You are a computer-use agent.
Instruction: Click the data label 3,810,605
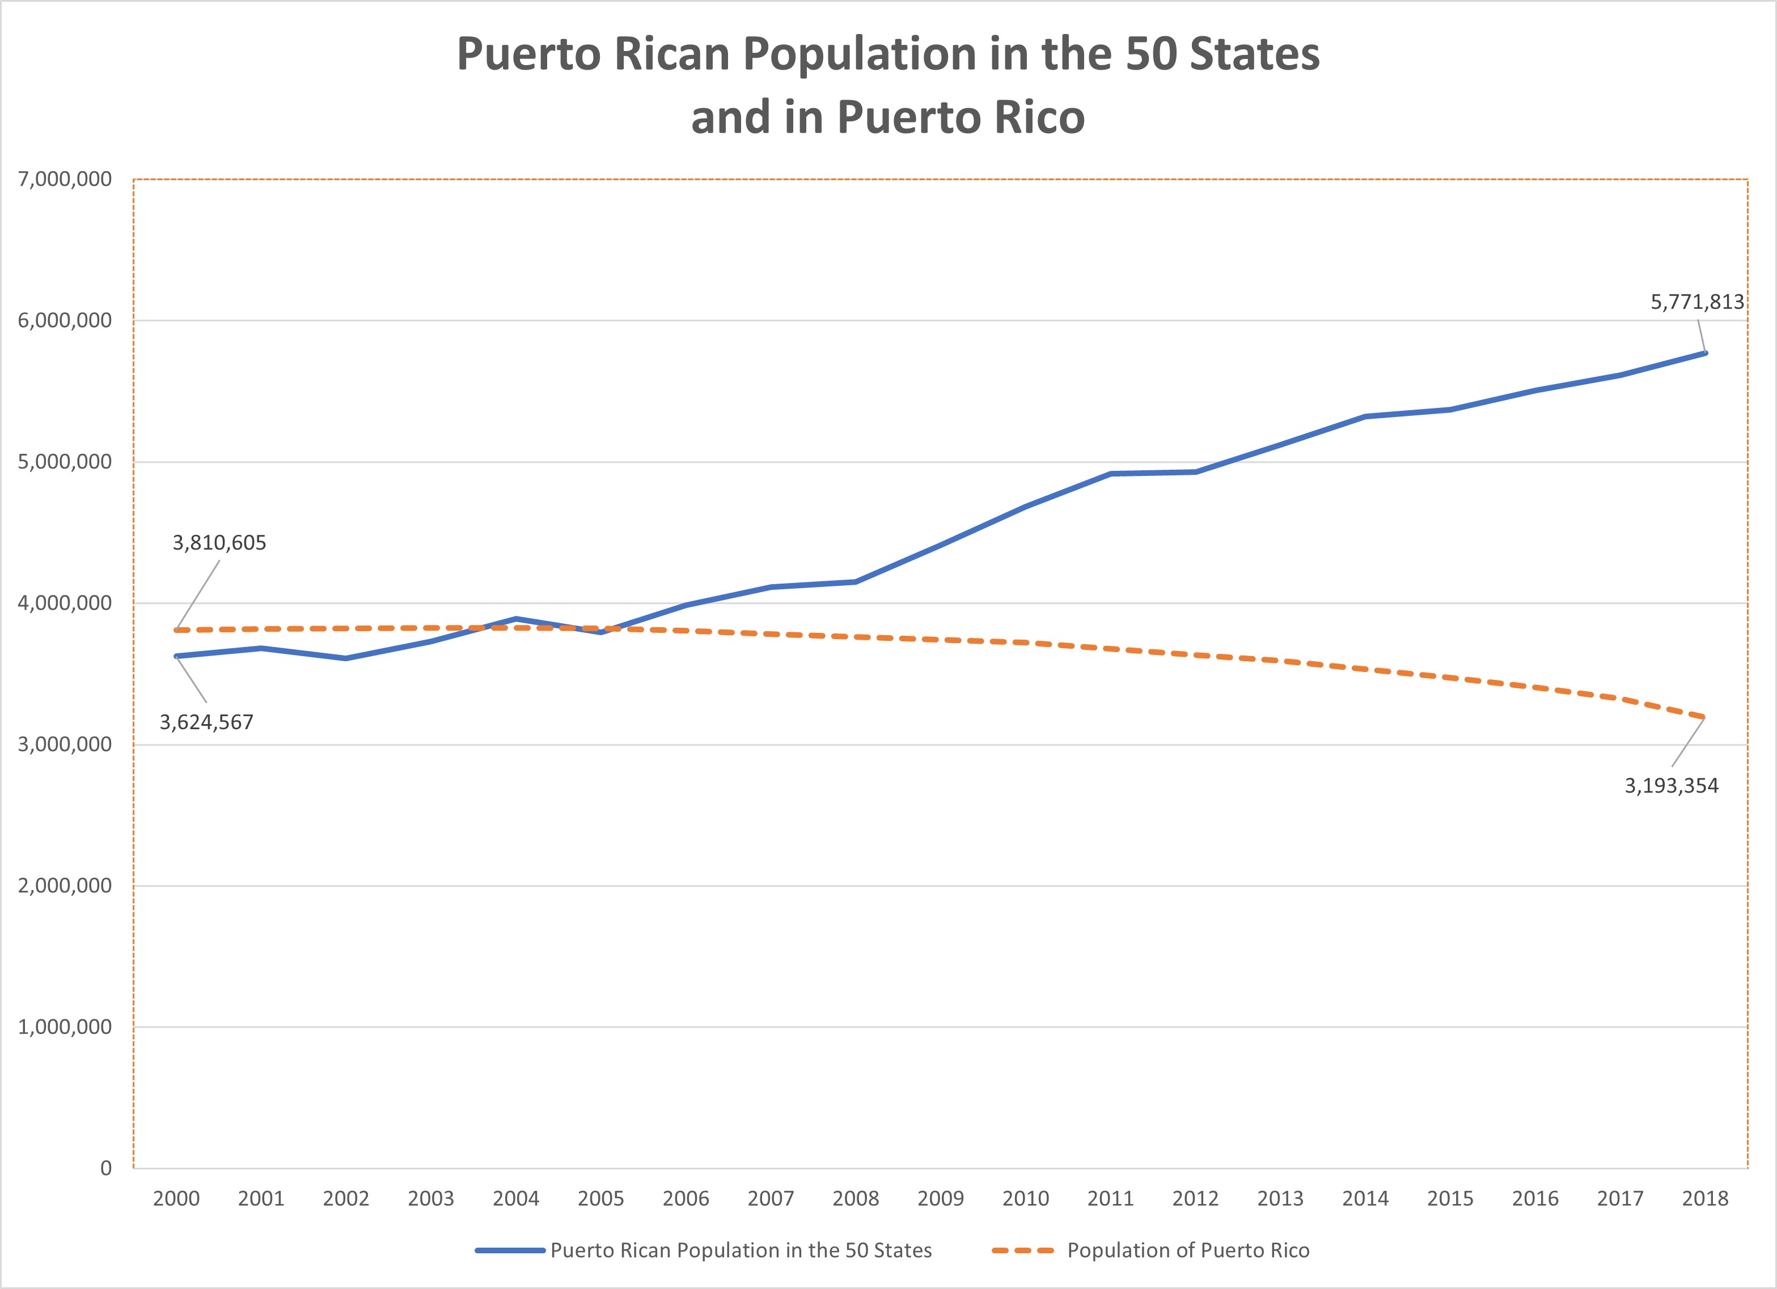219,543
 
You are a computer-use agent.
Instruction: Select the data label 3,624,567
207,722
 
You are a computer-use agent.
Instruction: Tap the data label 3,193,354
1671,785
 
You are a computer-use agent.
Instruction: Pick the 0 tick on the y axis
106,1168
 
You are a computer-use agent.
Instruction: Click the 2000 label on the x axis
176,1199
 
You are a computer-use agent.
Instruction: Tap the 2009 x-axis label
940,1199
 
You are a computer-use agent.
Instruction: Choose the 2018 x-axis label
1705,1199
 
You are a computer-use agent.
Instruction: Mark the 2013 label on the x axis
1280,1199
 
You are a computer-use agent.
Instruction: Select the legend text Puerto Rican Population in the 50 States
741,1250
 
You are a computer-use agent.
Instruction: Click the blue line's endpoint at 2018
1705,353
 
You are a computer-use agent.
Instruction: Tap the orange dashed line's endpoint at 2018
1705,717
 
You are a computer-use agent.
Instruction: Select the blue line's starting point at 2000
176,656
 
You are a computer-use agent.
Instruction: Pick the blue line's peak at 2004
515,619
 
